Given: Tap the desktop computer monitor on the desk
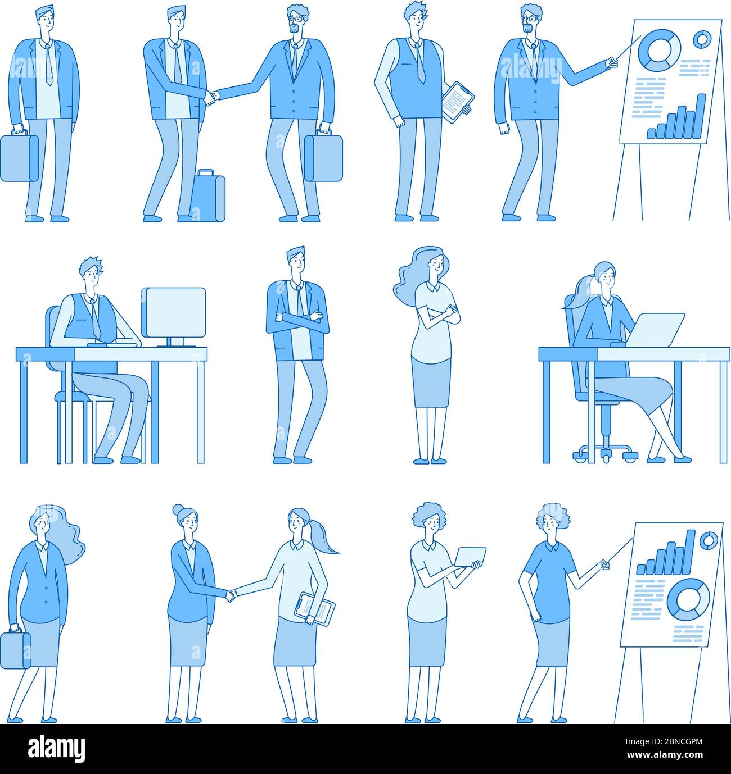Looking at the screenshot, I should coord(174,312).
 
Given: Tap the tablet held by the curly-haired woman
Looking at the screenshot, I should coord(470,557).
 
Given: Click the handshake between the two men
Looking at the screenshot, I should coord(211,97).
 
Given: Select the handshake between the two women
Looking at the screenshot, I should coord(231,594).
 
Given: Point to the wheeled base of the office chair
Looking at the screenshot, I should coord(605,451).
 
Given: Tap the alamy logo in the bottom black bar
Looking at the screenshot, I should coord(57,749).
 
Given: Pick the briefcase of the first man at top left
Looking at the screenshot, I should coord(19,157).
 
